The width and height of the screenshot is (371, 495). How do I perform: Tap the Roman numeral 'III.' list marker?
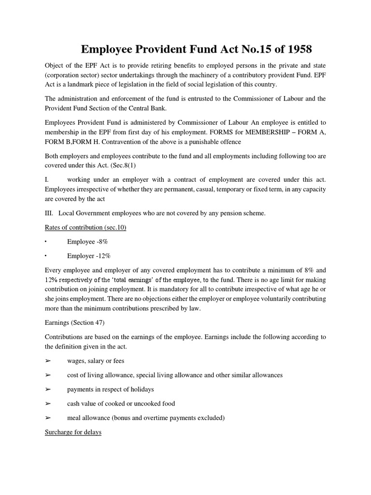50,213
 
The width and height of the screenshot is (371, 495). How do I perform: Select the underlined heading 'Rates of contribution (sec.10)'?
86,227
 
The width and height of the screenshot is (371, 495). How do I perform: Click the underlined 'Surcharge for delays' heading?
73,432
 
